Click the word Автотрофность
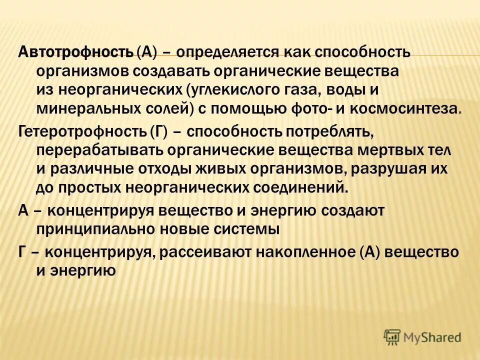pos(75,51)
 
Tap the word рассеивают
pos(205,251)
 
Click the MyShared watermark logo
pos(422,337)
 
